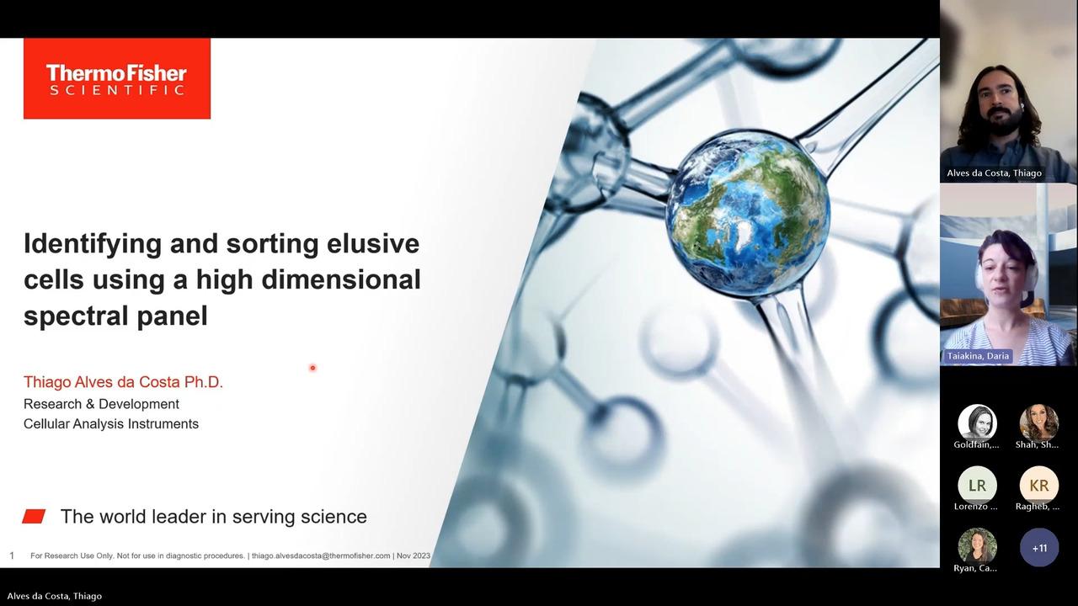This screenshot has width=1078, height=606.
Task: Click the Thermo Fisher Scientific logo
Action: click(x=117, y=78)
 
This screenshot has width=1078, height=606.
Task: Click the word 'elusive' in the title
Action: click(x=373, y=243)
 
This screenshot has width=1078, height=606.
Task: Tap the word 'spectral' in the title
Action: click(x=76, y=317)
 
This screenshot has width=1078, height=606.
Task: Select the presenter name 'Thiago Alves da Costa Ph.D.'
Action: click(x=123, y=382)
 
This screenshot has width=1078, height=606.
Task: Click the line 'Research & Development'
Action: click(x=101, y=404)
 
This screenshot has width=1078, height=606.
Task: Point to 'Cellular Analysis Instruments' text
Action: click(x=111, y=423)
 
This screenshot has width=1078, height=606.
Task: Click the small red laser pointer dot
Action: click(x=312, y=368)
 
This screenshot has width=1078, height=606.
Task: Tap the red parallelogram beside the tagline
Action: click(x=34, y=516)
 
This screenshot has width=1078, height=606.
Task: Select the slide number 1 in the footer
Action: click(x=12, y=556)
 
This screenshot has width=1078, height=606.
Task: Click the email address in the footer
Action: click(x=321, y=556)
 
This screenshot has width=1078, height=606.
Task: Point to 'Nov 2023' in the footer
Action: click(x=414, y=556)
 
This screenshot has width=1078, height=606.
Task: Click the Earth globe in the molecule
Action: click(x=747, y=215)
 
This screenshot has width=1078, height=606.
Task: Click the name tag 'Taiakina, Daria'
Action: click(x=978, y=356)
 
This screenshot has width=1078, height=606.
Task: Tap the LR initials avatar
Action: click(x=977, y=486)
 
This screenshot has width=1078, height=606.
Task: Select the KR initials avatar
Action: click(x=1038, y=486)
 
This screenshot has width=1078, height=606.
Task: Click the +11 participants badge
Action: click(x=1039, y=548)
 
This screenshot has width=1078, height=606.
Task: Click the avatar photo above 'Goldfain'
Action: click(x=977, y=423)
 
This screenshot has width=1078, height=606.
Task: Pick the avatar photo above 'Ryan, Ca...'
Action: click(x=977, y=547)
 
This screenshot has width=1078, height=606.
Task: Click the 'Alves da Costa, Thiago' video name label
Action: click(x=995, y=173)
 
